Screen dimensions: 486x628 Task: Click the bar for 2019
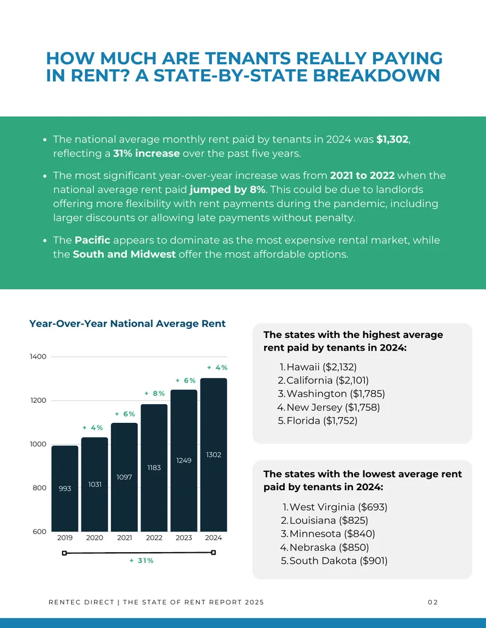click(x=65, y=488)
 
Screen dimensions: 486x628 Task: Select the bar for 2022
click(x=154, y=468)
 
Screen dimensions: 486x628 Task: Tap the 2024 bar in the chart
click(x=214, y=454)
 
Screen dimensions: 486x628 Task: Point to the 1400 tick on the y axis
click(x=38, y=356)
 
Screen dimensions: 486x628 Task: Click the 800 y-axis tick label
click(x=39, y=488)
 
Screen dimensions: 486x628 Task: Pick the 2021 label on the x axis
click(x=125, y=538)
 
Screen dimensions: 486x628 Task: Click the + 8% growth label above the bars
click(x=154, y=393)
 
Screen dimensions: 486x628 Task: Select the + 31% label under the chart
click(x=142, y=561)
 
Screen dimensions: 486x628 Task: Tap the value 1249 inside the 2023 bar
click(x=183, y=461)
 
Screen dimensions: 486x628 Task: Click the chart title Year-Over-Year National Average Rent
click(x=128, y=323)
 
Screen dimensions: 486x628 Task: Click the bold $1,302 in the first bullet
click(x=392, y=140)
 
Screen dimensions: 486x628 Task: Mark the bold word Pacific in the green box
click(x=92, y=240)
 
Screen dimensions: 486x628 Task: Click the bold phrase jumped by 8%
click(x=227, y=189)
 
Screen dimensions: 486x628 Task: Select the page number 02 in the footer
click(x=433, y=602)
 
